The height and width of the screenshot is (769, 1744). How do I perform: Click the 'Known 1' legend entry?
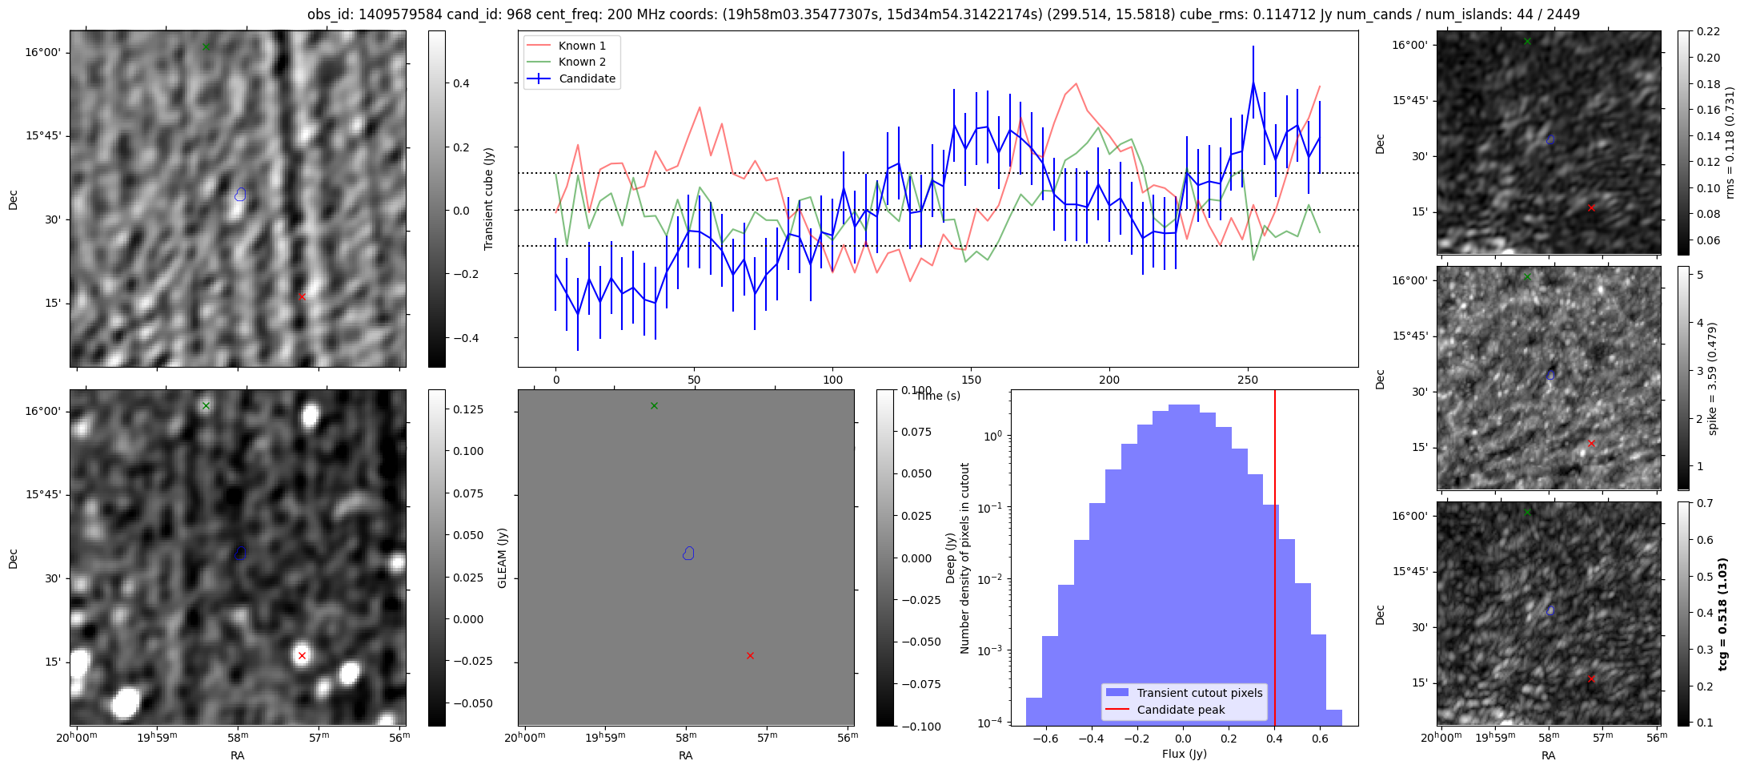click(582, 46)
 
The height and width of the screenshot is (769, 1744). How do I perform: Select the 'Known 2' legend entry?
click(582, 62)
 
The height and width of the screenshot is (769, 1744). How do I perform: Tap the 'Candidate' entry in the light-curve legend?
click(587, 79)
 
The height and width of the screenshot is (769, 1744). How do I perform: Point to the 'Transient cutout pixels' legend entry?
click(1199, 693)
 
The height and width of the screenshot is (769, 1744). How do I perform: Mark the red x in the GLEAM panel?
click(750, 655)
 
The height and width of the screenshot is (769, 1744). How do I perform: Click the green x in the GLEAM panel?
click(654, 405)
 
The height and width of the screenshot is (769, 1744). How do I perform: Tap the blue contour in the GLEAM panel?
click(688, 553)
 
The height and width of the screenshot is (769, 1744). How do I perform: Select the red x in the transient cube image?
click(302, 296)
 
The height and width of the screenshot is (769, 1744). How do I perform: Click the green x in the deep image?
click(206, 405)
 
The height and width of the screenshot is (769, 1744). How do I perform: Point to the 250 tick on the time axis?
click(1248, 380)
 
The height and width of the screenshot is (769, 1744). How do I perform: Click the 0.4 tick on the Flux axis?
click(1275, 739)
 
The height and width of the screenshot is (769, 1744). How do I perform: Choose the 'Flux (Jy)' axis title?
click(1184, 754)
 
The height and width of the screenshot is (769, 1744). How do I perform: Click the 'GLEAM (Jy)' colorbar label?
click(503, 558)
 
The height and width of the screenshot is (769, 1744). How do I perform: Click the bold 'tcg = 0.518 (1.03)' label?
click(1723, 614)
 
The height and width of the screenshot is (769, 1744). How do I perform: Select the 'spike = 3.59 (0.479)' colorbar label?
click(1712, 378)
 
